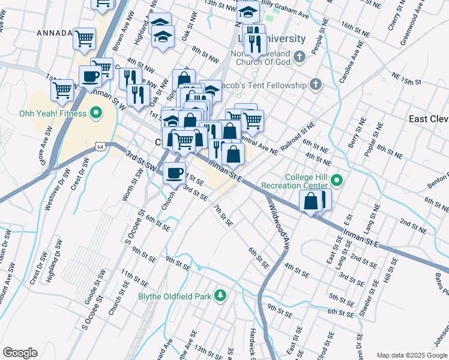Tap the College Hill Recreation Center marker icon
click(x=337, y=179)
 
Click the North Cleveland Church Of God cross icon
click(x=300, y=58)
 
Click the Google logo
click(x=20, y=353)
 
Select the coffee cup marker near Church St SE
click(x=175, y=173)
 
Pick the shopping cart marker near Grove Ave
click(x=62, y=90)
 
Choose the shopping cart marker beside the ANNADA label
click(x=84, y=38)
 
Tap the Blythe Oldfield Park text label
click(x=179, y=295)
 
